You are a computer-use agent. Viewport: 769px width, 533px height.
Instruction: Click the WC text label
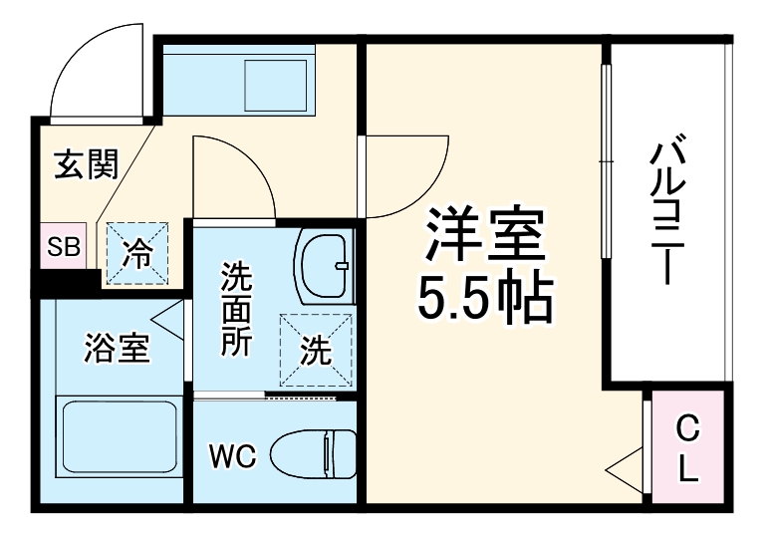(233, 457)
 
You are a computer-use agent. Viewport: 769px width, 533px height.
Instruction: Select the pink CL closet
(686, 448)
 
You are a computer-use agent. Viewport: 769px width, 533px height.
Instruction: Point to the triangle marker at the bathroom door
(168, 321)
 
